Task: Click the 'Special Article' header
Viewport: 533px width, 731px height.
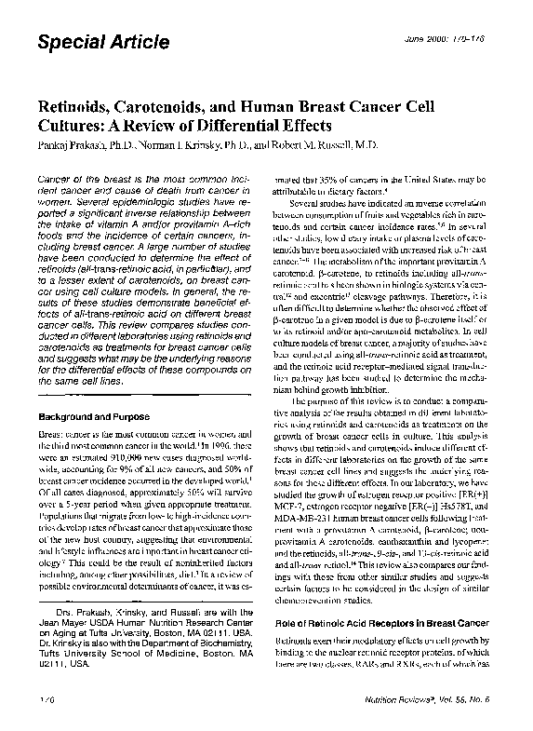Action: [102, 42]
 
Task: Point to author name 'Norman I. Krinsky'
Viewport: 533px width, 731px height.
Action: [182, 145]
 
